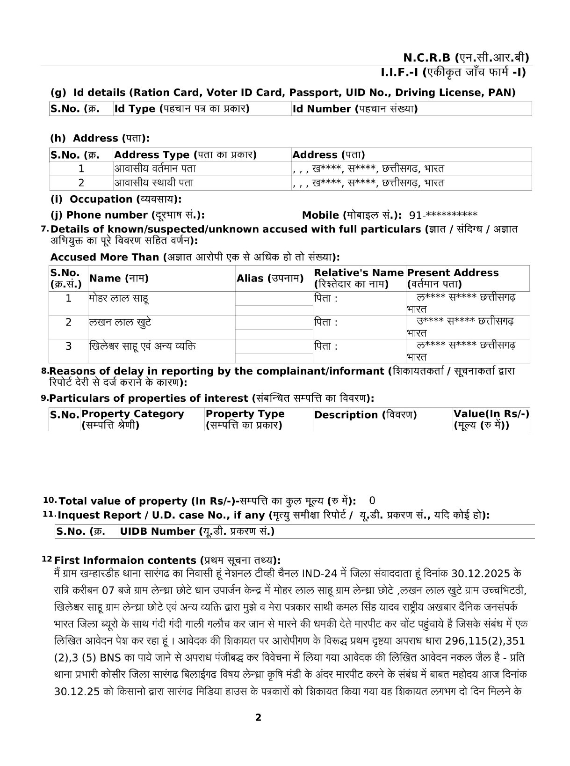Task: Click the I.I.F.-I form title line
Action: [x=453, y=73]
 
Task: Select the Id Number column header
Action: [x=354, y=109]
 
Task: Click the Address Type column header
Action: [x=185, y=155]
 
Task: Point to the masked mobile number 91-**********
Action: [x=443, y=215]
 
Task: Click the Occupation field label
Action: [x=116, y=199]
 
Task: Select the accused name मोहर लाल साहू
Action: [x=119, y=298]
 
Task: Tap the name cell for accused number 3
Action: [x=142, y=346]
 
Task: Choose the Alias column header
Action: [x=270, y=279]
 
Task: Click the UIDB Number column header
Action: [x=197, y=532]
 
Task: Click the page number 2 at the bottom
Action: [x=258, y=718]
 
